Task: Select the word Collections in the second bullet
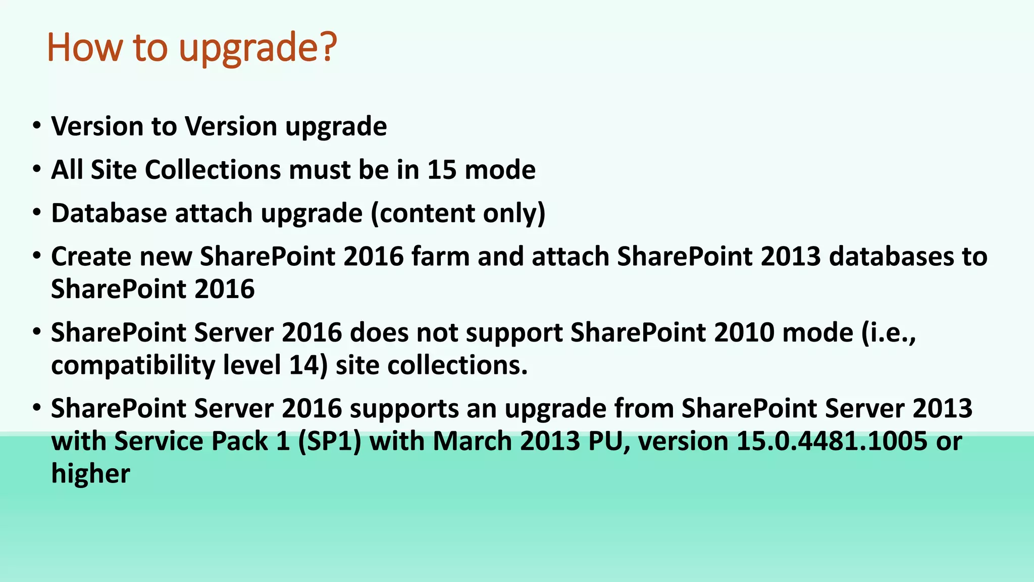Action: [x=213, y=170]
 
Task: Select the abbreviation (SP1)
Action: [x=329, y=441]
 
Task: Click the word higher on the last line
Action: [x=90, y=474]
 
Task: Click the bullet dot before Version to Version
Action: [x=36, y=125]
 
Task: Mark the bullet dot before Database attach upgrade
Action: [x=36, y=213]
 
